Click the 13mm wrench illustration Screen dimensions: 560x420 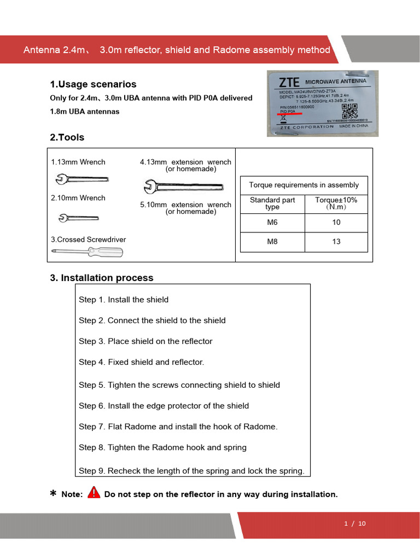point(81,179)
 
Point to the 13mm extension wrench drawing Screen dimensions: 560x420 point(182,186)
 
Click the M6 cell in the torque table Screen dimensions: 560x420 point(272,223)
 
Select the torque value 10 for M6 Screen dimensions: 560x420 point(336,223)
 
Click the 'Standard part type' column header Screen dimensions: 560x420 point(272,203)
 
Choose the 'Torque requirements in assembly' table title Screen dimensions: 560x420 point(304,185)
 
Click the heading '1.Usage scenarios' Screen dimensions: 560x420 point(93,84)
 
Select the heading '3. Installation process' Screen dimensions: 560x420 point(102,278)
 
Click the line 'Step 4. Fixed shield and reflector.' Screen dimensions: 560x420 point(141,362)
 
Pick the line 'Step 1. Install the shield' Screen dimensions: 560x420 point(124,300)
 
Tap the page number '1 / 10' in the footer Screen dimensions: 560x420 point(355,523)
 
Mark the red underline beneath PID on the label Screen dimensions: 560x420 point(290,114)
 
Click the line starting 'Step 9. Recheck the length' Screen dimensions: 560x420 point(191,471)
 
